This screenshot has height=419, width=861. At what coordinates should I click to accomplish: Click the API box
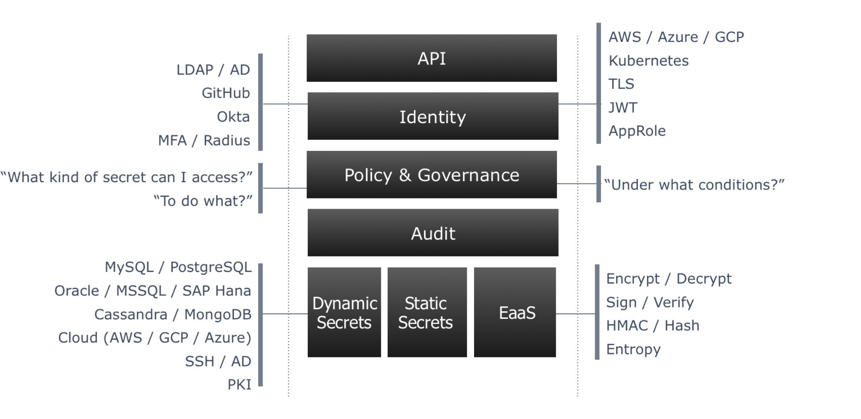coord(431,58)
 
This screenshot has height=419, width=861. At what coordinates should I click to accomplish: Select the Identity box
coord(433,116)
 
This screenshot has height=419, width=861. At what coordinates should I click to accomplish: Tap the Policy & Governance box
coord(431,174)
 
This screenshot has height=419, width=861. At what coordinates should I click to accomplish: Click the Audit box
coord(433,233)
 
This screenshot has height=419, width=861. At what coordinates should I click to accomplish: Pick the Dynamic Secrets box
coord(344,313)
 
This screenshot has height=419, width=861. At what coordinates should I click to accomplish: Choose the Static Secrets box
coord(427,313)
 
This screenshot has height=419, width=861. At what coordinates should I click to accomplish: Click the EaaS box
coord(515,313)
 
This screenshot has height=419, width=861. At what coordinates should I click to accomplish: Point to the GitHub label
coord(226,93)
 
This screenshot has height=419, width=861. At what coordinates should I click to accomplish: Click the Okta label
coord(233,116)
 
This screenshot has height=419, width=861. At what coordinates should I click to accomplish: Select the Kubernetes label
coord(648,61)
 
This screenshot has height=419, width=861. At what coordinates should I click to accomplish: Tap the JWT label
coord(622,107)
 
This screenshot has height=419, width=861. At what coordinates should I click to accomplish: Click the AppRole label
coord(637,131)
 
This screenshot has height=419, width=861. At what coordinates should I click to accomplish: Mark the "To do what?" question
coord(203,201)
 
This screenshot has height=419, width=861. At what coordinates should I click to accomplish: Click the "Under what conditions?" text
coord(694,185)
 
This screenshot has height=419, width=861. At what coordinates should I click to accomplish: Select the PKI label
coord(239,384)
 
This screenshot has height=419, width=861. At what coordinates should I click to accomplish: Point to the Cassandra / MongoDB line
coord(173,314)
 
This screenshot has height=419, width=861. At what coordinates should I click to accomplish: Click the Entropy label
coord(633,349)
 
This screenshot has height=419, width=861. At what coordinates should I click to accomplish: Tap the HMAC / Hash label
coord(652,326)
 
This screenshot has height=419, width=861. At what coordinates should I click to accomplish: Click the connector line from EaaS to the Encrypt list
coord(575,314)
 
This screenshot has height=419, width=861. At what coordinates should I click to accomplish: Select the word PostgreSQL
coord(211,267)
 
